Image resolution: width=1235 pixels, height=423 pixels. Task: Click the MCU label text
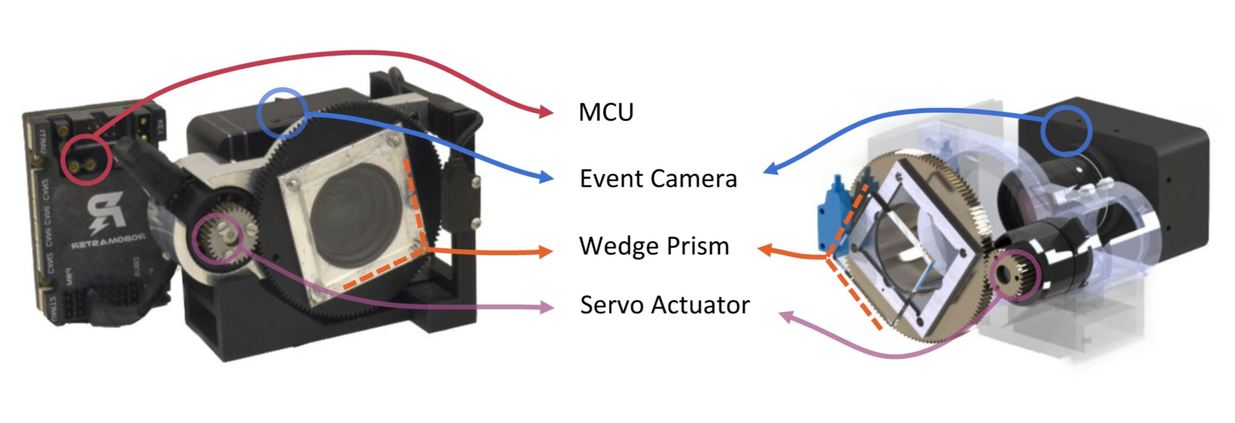(606, 112)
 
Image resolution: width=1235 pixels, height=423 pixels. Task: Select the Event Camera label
(658, 179)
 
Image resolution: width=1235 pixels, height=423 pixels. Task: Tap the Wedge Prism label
(654, 246)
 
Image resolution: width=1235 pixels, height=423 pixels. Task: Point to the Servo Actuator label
(665, 305)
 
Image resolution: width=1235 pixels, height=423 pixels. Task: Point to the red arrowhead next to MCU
(547, 112)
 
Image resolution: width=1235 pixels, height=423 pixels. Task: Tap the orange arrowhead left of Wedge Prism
(545, 252)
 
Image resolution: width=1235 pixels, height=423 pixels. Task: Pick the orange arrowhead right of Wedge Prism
(763, 250)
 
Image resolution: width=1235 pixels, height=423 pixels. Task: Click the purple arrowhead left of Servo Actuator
(545, 308)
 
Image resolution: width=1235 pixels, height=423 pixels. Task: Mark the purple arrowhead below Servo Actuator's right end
(785, 315)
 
